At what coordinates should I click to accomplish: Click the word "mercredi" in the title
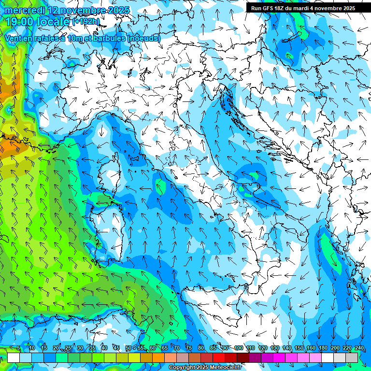[24, 10]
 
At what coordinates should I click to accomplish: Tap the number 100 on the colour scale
[239, 348]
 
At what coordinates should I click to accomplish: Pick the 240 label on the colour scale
[359, 348]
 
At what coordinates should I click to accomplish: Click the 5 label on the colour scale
[18, 348]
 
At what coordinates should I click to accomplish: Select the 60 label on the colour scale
[153, 348]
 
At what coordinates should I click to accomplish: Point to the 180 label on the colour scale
[323, 348]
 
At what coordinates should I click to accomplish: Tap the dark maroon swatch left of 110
[243, 357]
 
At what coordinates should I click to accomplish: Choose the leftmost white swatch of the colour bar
[14, 357]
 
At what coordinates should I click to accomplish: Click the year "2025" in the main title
[115, 10]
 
